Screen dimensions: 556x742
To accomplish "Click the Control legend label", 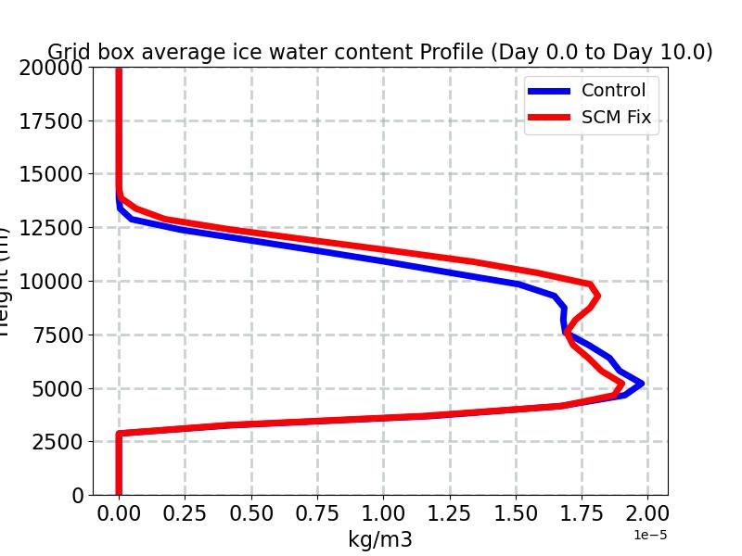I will click(x=613, y=90).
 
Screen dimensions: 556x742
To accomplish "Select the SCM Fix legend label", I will click(x=616, y=118).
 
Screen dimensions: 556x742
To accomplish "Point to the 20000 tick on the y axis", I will click(x=51, y=68).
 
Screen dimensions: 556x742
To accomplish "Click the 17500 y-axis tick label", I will click(x=51, y=121).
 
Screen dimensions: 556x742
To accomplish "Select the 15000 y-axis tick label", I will click(x=51, y=174).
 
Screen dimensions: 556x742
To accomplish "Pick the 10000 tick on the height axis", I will click(x=51, y=282).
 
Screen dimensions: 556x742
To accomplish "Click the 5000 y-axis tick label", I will click(x=58, y=389).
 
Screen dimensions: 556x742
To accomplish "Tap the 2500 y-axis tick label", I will click(x=58, y=442).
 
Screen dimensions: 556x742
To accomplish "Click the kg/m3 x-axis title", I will click(x=380, y=539).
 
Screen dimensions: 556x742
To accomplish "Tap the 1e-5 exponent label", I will click(x=650, y=535).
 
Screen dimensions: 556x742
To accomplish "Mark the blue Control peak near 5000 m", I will click(x=640, y=383).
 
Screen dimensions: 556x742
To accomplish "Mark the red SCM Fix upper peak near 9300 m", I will click(x=597, y=296).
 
